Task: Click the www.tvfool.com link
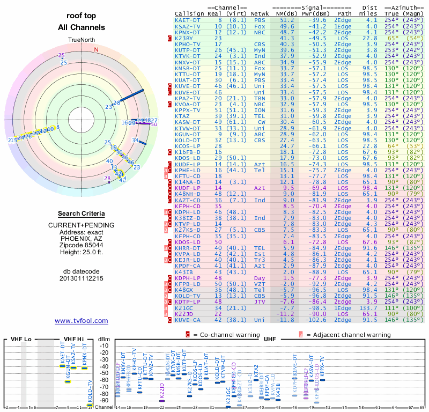coord(81,321)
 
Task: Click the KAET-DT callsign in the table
coord(187,20)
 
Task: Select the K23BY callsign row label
coord(184,38)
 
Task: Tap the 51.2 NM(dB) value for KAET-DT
coord(286,20)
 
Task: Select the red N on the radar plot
coord(96,50)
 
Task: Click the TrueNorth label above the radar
coord(82,41)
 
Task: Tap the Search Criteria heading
coord(81,214)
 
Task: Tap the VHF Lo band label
coord(21,339)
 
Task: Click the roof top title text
coord(82,16)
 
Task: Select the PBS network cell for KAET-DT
coord(260,20)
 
